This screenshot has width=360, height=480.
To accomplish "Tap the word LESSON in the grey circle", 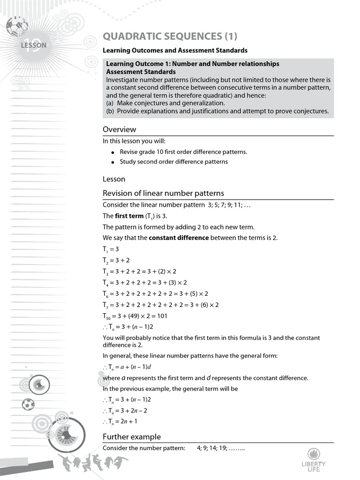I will tap(34, 45).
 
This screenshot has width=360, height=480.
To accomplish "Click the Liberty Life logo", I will tap(314, 460).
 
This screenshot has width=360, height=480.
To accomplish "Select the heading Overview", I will tap(120, 129).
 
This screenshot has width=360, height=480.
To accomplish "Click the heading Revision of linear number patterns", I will tap(163, 193).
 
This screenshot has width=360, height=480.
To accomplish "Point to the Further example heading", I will tap(132, 437).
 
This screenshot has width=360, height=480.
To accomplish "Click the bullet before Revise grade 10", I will tap(113, 153).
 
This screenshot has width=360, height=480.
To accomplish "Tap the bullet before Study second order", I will tap(113, 162).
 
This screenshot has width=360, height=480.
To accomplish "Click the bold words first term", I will tap(129, 216).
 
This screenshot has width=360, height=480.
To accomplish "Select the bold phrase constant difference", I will tap(179, 238).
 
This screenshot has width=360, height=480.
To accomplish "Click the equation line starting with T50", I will tap(135, 316).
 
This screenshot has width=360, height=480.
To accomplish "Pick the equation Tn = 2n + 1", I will tap(121, 421).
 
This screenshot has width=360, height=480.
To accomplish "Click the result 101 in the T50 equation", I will tap(161, 316).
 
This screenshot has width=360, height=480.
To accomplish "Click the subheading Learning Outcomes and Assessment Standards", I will tap(175, 50).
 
